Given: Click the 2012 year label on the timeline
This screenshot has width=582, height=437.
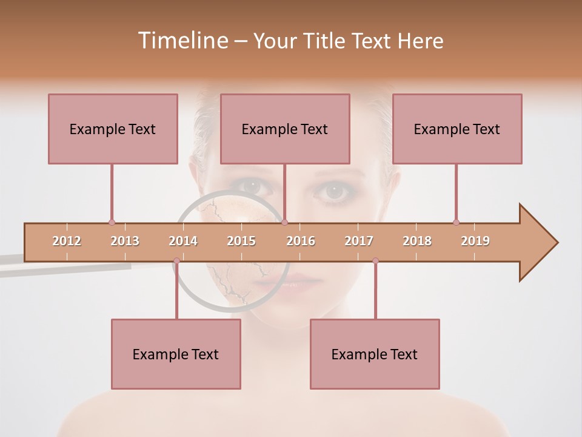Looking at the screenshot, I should point(67,241).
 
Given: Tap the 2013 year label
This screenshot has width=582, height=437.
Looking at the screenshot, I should point(125,241).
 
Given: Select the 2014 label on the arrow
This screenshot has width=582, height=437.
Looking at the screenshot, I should point(183,241).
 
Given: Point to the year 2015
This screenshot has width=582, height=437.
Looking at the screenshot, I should point(241,241).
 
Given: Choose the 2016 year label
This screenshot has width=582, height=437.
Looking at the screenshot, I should point(301,241).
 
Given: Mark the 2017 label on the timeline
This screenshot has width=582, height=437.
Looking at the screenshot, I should point(359,241).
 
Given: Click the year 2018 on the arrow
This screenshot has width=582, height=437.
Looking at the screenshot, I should point(417,241).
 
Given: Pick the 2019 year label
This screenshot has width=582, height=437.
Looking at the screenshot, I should point(475,241).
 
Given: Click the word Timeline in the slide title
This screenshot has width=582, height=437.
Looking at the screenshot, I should point(182,41).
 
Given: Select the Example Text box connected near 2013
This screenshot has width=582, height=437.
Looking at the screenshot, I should point(113,129).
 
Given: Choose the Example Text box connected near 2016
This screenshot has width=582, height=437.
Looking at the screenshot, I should point(285,129).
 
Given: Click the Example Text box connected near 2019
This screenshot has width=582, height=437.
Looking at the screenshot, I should point(457,129).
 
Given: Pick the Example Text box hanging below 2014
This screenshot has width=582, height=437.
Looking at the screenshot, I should point(176,354).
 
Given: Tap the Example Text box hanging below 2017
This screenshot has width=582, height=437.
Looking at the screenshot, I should point(375,354).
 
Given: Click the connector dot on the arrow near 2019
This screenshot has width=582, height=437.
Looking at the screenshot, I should point(457,222).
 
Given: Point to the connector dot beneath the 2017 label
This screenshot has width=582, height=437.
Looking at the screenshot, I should point(375,261).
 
